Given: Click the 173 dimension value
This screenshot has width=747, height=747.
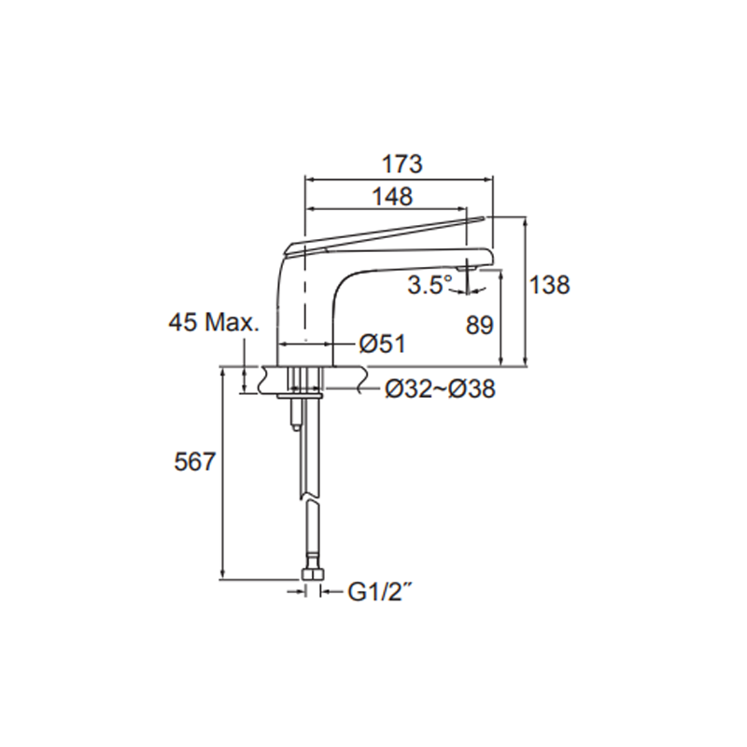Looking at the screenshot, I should coord(402,163).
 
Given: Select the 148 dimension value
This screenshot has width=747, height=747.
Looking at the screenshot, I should coord(393,196).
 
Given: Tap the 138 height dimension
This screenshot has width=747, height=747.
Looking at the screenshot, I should coord(550,286).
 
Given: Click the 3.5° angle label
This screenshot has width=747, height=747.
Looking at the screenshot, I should coord(430,285).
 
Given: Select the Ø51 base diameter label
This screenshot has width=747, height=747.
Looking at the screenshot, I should coord(382,345).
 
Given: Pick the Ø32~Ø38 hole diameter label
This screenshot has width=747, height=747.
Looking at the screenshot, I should coord(440,389).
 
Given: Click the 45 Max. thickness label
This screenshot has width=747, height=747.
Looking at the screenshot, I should coord(213,323).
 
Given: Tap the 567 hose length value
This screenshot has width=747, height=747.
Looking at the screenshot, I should coord(195,461).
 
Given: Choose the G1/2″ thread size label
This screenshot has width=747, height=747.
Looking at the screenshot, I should coord(379,590).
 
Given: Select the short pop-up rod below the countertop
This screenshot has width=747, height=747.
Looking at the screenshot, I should coord(295,416).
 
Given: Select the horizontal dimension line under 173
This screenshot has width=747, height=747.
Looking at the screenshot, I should coord(400,179).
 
